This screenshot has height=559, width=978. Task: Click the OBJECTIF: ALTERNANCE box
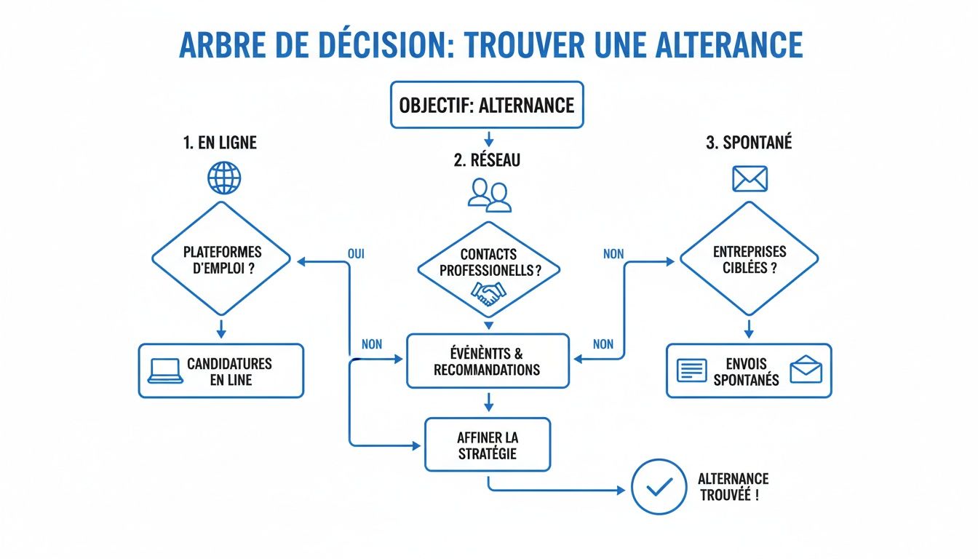pos(487,105)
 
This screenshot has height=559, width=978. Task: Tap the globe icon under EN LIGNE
pos(224,178)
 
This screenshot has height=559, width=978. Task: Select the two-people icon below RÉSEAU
pos(488,195)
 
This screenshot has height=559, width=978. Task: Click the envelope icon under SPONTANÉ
pos(750,178)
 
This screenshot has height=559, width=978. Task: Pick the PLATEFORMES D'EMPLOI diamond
pos(221,258)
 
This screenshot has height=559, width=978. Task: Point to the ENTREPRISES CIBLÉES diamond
pos(749,258)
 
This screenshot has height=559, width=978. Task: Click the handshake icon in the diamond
pos(488,293)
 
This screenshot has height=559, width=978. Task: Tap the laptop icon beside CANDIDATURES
pos(164,370)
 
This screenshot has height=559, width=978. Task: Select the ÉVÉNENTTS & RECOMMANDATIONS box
pos(488,361)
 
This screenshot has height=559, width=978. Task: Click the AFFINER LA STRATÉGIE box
pos(488,445)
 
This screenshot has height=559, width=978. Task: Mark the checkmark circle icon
pos(658,487)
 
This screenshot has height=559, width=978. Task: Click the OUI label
pos(357,255)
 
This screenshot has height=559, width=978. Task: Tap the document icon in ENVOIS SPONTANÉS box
pos(691,370)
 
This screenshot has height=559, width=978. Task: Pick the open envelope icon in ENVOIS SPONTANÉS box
pos(806,370)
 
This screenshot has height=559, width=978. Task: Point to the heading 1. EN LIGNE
pos(220,143)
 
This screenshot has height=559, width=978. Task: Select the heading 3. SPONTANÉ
pos(748,143)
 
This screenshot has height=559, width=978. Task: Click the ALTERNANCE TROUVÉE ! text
pos(733,487)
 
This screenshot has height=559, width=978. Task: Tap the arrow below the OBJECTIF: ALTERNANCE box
pos(488,138)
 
